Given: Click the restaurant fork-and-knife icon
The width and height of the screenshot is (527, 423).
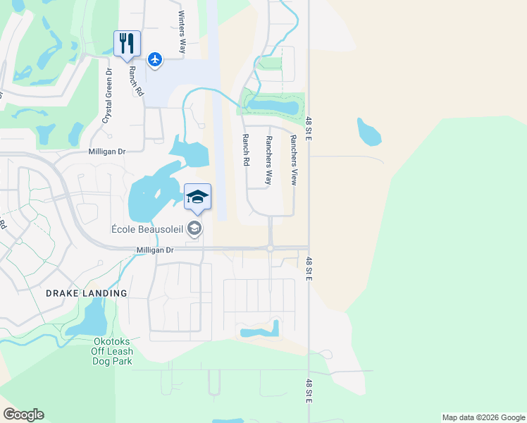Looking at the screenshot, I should [127, 43].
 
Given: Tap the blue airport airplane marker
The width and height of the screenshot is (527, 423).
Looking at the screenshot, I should [155, 59].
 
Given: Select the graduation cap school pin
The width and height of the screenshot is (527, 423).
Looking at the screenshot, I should [198, 197].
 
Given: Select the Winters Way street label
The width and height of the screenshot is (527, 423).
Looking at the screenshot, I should [182, 32].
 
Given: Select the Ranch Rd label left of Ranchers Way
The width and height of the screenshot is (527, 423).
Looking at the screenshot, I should [246, 150].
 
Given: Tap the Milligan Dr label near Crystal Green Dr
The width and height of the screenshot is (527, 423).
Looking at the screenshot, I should [106, 151].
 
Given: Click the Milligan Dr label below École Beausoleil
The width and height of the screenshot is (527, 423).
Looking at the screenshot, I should [154, 250].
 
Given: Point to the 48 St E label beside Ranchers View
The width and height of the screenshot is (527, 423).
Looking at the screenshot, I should [309, 128].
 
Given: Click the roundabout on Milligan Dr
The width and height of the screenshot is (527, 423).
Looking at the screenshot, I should [270, 247].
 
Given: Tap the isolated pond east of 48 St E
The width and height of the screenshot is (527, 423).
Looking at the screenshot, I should [368, 130].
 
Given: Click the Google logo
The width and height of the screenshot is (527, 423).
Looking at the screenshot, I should [23, 415].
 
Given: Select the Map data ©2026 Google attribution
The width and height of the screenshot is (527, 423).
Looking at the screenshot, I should [483, 417].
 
